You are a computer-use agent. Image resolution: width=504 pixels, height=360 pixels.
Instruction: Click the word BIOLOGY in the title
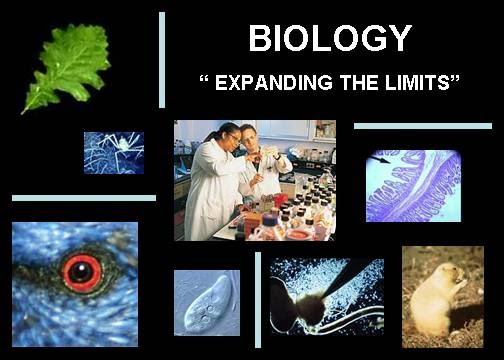click(330, 38)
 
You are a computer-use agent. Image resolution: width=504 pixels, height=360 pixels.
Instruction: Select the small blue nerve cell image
click(113, 152)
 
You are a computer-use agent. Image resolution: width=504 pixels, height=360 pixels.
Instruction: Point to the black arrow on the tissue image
click(382, 158)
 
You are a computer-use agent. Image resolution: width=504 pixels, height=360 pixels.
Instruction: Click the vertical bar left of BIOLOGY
click(161, 60)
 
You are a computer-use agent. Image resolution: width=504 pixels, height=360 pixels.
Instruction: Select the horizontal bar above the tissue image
click(422, 126)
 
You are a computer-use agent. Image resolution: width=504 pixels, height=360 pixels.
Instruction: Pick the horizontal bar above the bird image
click(83, 198)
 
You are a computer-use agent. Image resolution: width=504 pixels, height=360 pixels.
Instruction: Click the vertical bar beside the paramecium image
click(258, 299)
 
